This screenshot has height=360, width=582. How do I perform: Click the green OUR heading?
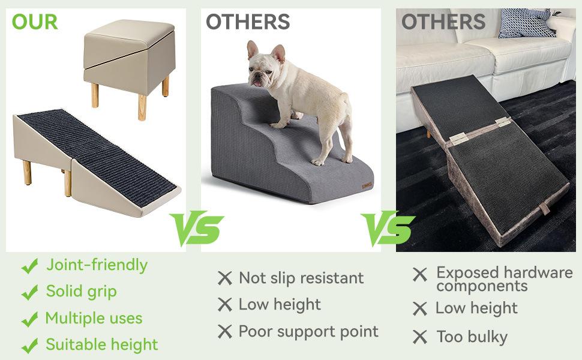click(x=35, y=22)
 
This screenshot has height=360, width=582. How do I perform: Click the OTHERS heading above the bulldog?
click(x=248, y=22)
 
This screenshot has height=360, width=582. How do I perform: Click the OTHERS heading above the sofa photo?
click(x=443, y=22)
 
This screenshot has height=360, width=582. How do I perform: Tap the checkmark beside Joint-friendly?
click(x=29, y=266)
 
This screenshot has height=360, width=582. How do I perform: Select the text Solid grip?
click(x=81, y=292)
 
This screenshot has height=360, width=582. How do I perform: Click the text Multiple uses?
click(x=94, y=318)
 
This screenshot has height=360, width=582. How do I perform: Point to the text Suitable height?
click(x=101, y=345)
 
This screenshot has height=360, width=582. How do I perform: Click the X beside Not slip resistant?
click(x=224, y=278)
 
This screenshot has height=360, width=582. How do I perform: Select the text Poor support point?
click(x=308, y=331)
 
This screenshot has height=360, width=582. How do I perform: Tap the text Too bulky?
click(x=472, y=337)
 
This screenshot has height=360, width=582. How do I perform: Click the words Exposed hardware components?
click(x=504, y=279)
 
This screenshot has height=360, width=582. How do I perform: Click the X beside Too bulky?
click(x=420, y=337)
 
